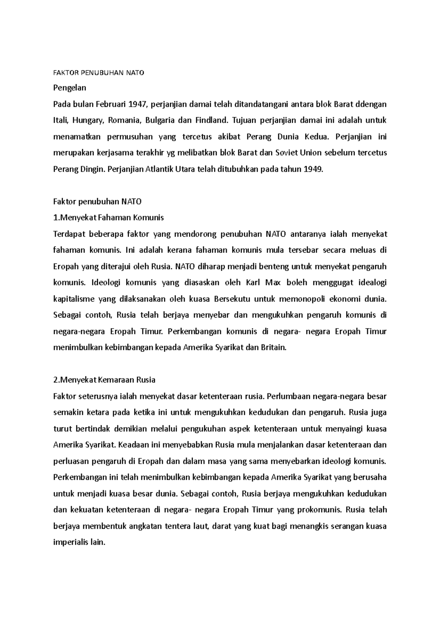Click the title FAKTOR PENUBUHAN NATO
click(x=99, y=73)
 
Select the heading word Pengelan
click(x=70, y=88)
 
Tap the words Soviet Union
click(x=293, y=153)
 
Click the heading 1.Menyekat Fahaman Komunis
click(x=109, y=218)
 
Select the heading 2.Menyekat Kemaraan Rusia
click(x=104, y=380)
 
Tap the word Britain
click(x=273, y=347)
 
